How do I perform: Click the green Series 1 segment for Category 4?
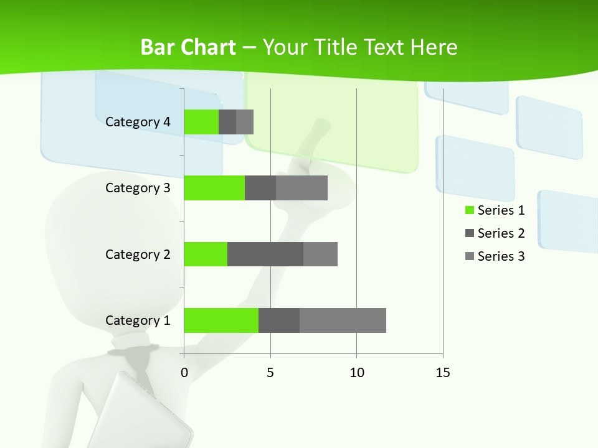[201, 122]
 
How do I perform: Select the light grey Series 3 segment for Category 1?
[343, 320]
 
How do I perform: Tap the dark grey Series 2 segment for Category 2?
[265, 254]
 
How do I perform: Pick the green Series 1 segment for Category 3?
[214, 188]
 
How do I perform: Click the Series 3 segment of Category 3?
[301, 188]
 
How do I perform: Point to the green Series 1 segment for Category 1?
[221, 320]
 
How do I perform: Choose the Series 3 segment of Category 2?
[320, 254]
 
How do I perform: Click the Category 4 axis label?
[138, 122]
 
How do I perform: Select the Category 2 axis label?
[138, 254]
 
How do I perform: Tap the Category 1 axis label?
[138, 320]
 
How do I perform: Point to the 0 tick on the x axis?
[184, 373]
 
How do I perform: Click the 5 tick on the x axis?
[270, 373]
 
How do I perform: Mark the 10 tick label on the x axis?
[356, 373]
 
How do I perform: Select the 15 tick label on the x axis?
[442, 373]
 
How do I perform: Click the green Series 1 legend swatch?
[469, 210]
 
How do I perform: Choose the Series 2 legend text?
[501, 233]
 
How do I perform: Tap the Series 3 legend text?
[501, 256]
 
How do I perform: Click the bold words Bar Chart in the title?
[187, 47]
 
